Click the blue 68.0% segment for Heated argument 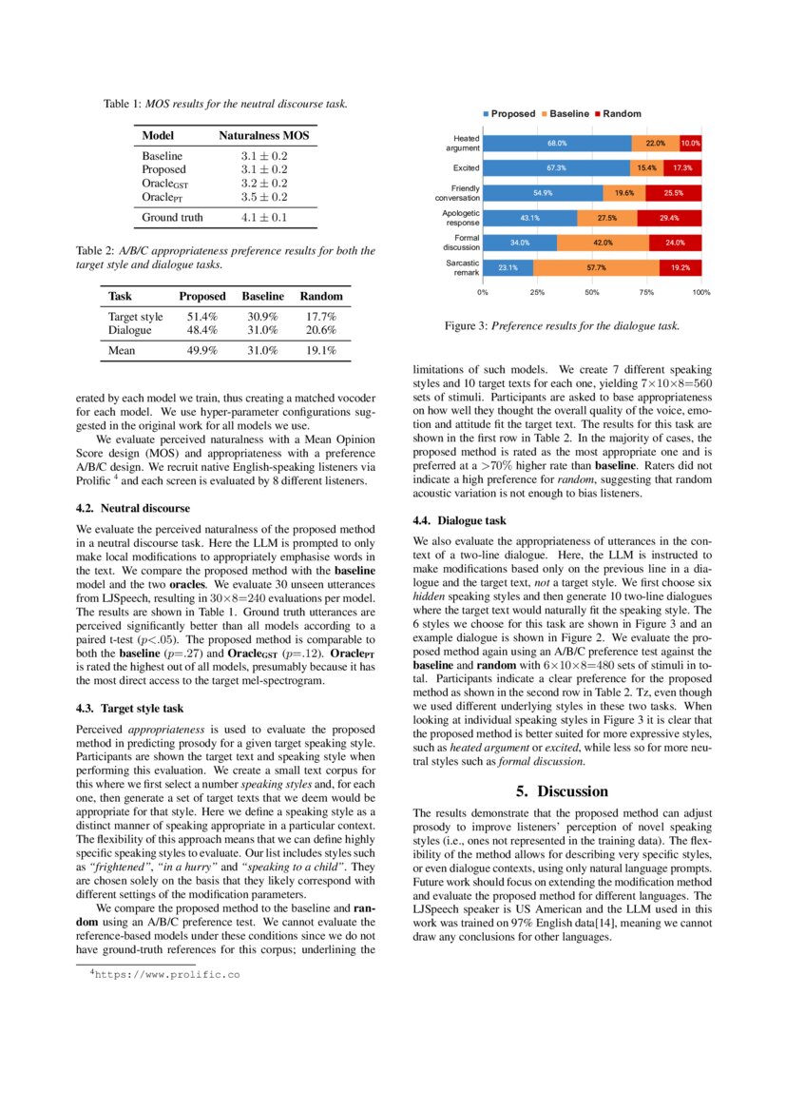557,144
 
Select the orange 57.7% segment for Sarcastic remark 597,267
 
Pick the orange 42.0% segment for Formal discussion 603,243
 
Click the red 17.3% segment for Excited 682,168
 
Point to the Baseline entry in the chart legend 568,113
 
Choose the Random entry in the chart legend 621,113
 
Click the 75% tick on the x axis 647,292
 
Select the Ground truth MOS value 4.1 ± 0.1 263,217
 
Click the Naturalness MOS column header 263,136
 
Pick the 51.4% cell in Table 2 201,317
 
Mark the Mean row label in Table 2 122,350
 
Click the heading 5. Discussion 561,791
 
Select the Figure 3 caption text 562,325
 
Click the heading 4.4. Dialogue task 459,520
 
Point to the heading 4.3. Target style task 128,708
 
